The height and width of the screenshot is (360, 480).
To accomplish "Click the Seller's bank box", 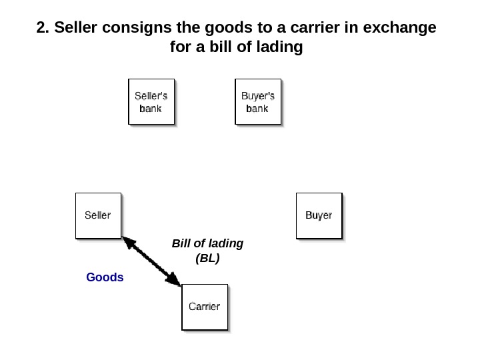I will tap(151, 101).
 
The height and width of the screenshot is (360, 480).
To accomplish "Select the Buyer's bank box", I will tap(257, 101).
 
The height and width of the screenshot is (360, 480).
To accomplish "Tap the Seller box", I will tap(98, 215).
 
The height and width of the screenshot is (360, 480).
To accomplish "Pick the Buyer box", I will tap(319, 215).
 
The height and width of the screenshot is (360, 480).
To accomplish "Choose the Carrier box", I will tap(204, 307).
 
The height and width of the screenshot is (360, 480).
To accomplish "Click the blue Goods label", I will tap(105, 277).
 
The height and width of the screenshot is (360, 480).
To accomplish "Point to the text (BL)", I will tap(207, 257).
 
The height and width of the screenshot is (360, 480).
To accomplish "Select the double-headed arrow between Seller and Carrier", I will tap(151, 261).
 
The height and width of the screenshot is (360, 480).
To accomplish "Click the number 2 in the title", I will tap(41, 28).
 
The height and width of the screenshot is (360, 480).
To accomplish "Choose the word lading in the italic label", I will tap(225, 243).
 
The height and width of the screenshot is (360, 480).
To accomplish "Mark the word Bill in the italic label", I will tap(181, 243).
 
